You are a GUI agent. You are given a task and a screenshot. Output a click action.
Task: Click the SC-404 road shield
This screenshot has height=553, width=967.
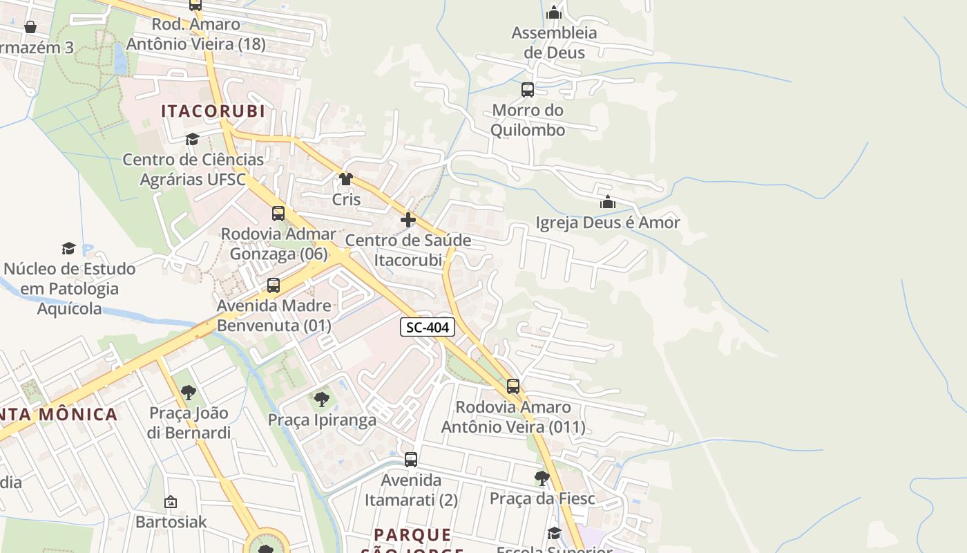coord(428,327)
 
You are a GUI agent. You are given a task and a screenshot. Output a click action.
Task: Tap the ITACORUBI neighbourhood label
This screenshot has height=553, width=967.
coord(213,111)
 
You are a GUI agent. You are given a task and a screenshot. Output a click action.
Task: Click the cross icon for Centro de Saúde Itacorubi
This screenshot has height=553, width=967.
coord(408,220)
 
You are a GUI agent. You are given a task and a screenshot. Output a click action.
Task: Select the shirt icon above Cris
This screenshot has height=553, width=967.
coord(346,179)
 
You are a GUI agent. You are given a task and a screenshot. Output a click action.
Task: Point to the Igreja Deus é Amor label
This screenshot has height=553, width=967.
coord(608,223)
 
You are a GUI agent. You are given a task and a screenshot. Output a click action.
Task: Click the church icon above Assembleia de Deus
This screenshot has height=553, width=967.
coord(554,12)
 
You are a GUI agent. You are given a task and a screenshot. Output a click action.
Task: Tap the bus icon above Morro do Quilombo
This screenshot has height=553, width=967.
coord(528,89)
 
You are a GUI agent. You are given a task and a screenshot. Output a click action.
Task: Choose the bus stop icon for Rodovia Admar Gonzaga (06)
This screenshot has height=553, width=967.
coord(278,214)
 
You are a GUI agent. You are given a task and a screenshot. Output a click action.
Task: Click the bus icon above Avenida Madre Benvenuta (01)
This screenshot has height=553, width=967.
coord(274,285)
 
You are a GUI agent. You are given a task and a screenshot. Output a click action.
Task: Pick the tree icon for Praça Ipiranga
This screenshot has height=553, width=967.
coord(321,399)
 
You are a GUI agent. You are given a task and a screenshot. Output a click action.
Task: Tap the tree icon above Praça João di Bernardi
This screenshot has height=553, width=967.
coord(188,393)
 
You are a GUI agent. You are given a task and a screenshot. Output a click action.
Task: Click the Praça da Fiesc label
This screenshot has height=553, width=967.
coord(542,498)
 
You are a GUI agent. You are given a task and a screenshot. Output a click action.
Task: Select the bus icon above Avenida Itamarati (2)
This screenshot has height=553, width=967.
coord(411,459)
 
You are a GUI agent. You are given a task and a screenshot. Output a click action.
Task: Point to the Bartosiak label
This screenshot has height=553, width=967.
coord(171,521)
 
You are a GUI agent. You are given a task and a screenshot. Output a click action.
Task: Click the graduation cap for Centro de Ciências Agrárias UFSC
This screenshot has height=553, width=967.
coord(192,139)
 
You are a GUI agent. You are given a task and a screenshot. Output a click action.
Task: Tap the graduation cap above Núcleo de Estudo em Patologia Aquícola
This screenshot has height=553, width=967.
coord(68,248)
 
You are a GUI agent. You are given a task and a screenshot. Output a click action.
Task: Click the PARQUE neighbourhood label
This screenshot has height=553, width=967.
coord(412,534)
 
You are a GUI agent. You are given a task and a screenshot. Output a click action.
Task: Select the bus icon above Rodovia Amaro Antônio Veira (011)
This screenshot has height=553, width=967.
coord(513,386)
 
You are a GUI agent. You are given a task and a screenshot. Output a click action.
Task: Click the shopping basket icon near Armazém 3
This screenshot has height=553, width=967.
coord(30,27)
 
